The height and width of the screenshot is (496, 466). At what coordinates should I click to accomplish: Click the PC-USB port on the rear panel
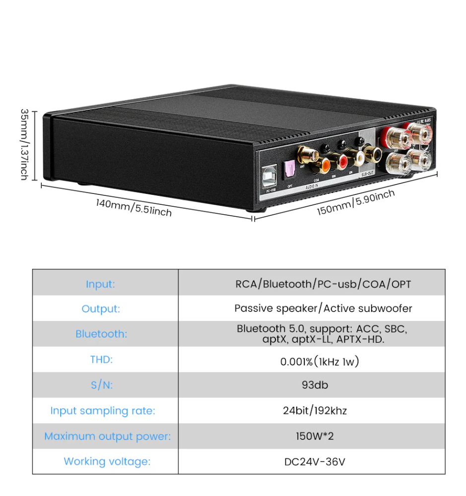271,174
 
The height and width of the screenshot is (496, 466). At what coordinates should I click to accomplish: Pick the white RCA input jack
357,159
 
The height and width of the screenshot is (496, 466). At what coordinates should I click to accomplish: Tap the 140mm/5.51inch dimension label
134,207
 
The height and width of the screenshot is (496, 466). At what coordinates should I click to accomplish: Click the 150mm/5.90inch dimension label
356,202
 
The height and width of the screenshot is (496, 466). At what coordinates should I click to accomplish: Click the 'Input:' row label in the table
100,284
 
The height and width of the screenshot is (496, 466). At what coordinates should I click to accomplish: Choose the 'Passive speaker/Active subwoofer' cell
323,309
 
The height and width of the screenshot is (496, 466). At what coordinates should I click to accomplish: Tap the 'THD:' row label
101,360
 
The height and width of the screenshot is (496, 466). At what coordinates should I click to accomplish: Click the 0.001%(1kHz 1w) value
320,362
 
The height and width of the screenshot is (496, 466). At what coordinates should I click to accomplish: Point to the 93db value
315,385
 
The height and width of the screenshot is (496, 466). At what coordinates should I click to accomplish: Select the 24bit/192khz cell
315,411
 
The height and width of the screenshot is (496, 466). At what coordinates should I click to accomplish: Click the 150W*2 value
315,436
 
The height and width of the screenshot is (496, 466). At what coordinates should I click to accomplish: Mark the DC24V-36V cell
315,462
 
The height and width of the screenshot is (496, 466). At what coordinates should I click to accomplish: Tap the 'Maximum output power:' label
107,436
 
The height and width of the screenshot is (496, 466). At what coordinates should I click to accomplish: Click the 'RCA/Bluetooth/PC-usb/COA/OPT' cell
323,284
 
